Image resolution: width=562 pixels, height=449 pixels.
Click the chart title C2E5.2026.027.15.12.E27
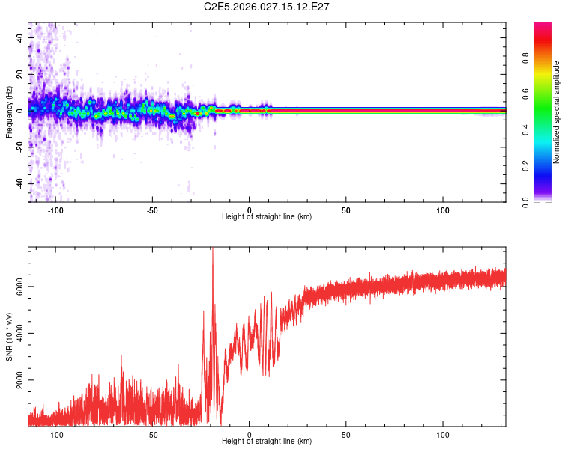(267, 7)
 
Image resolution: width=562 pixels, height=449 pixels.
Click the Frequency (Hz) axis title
(9, 112)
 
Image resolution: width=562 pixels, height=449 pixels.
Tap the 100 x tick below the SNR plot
(443, 435)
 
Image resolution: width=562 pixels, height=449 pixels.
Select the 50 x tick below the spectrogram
(346, 210)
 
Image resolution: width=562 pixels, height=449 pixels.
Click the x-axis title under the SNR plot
(267, 442)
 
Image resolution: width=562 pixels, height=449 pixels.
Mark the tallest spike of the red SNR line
(212, 249)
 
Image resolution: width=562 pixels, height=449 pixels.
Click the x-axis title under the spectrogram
(267, 217)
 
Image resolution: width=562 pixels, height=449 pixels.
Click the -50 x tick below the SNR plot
(152, 435)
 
